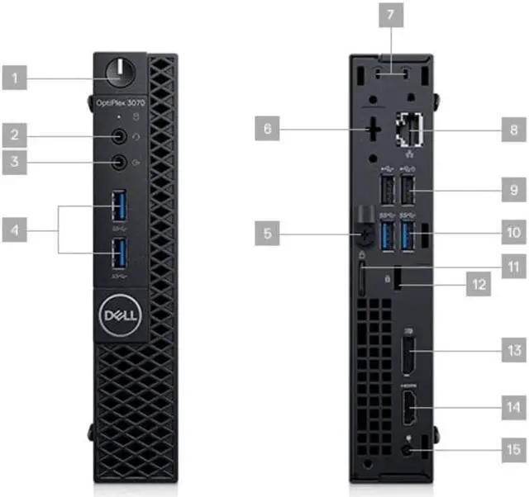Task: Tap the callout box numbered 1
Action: point(14,79)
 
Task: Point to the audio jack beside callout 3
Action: point(121,162)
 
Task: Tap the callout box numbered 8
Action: point(513,129)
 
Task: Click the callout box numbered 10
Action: point(513,232)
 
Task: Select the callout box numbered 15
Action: point(513,450)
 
